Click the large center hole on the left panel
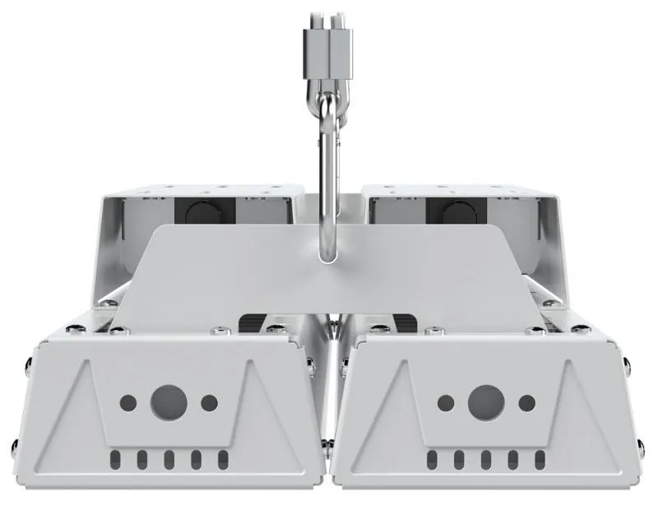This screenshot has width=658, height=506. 169,402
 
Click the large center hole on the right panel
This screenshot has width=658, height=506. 484,402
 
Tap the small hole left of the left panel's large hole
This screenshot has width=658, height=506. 129,403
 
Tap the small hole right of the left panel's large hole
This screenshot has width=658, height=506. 210,403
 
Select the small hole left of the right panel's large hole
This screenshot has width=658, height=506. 445,403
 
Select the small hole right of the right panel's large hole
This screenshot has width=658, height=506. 526,403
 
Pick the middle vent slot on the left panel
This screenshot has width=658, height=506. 169,458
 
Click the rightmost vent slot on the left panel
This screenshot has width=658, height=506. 222,458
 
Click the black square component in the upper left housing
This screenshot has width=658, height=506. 200,211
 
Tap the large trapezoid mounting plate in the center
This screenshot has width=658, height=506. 247,272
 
